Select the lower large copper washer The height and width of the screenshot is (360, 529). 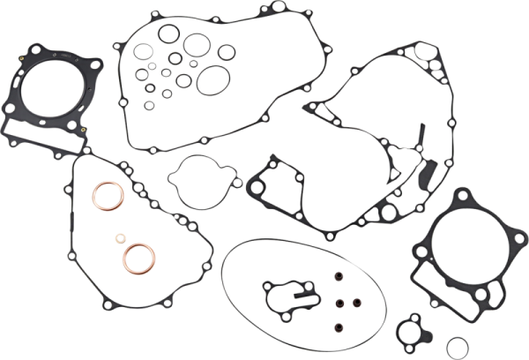click(135, 256)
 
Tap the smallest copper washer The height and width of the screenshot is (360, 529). click(121, 237)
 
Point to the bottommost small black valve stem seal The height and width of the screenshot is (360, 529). click(338, 331)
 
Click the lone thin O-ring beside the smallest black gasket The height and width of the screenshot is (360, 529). click(454, 344)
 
